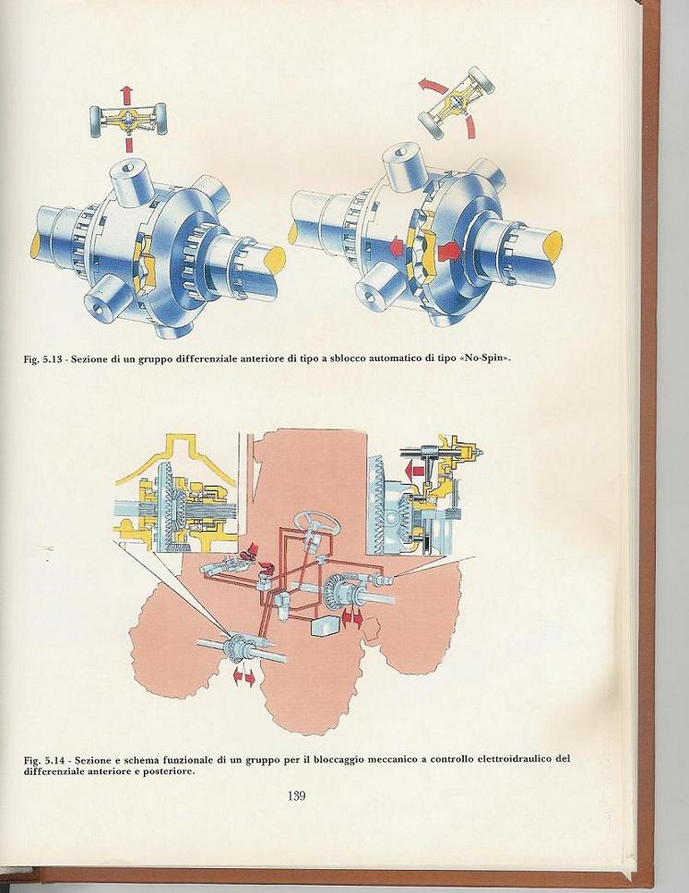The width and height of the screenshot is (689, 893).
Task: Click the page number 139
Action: coord(297,795)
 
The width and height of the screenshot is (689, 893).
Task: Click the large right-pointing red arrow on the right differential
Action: coord(448,250)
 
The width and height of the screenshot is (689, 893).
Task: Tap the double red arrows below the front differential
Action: coord(244,677)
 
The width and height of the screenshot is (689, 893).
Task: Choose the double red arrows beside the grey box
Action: coord(351,618)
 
